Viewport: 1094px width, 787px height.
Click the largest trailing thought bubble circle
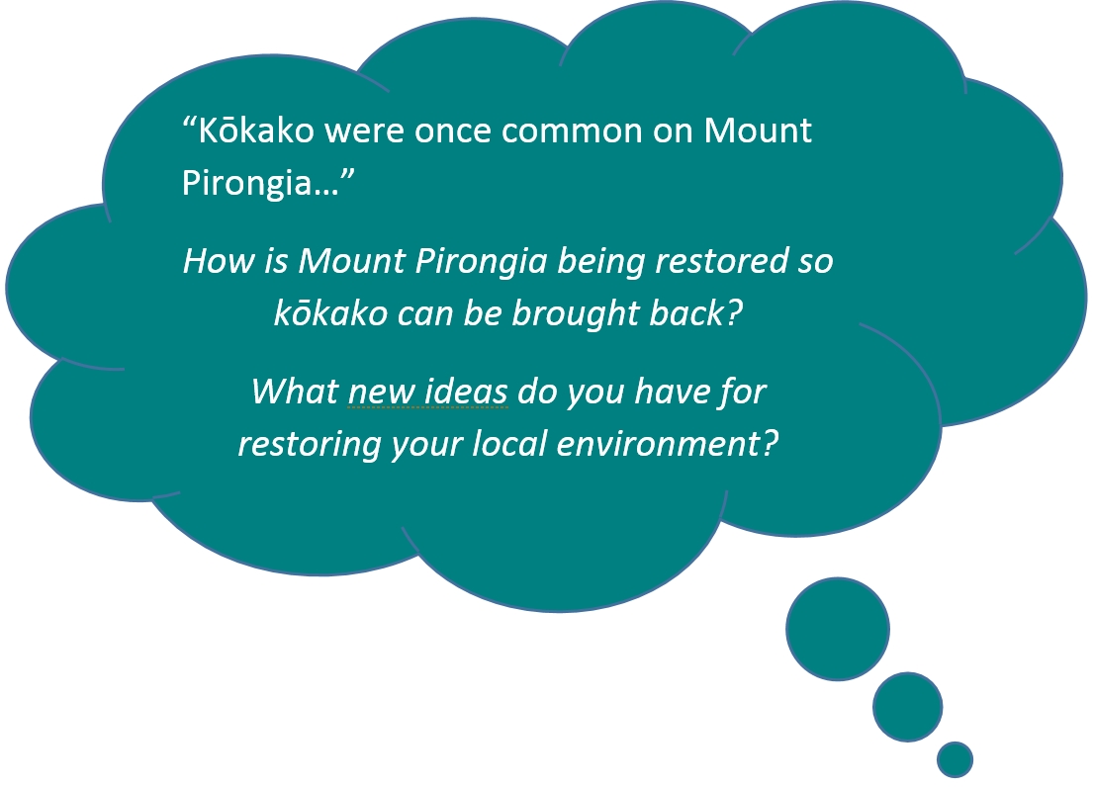tap(837, 629)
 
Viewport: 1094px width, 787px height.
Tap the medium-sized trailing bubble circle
tap(907, 707)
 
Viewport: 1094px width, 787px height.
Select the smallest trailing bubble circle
tap(955, 759)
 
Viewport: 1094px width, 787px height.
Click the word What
tap(295, 392)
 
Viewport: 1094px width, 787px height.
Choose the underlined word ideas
tap(465, 392)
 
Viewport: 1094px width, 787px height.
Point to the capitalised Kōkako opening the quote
tap(256, 131)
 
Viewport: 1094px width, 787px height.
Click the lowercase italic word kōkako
tap(330, 313)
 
